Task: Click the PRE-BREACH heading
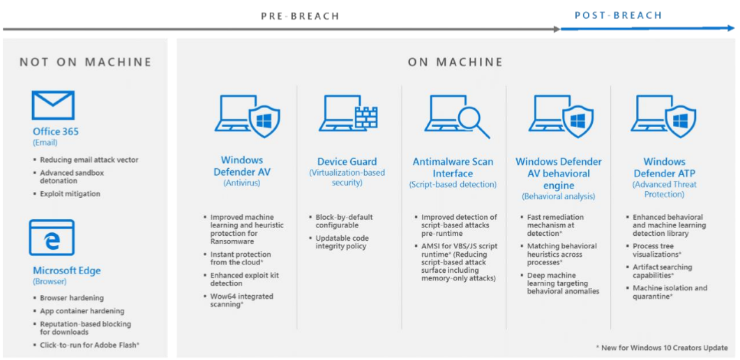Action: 300,15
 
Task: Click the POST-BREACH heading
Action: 618,15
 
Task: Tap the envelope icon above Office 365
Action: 53,105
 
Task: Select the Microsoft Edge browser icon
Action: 52,238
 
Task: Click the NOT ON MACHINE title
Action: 85,62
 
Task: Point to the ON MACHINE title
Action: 455,62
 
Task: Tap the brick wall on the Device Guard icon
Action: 365,118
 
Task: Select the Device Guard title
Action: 347,161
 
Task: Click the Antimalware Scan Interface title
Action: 453,167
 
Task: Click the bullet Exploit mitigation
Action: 70,194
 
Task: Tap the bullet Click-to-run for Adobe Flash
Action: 89,345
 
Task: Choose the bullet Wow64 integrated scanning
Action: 241,301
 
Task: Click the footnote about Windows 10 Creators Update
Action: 662,347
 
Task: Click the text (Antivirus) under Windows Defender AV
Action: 241,183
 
